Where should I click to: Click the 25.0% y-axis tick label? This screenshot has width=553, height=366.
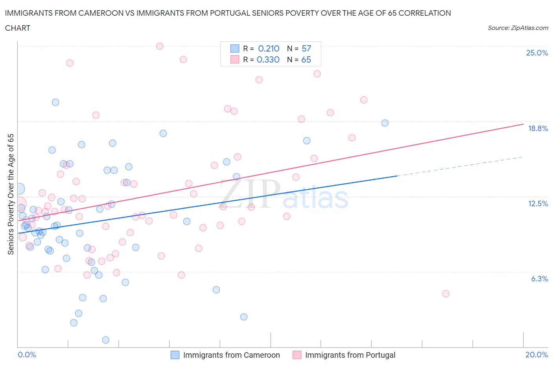pyautogui.click(x=536, y=53)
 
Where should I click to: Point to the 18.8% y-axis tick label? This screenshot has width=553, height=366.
pyautogui.click(x=538, y=128)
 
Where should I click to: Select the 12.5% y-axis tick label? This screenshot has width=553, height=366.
pyautogui.click(x=538, y=203)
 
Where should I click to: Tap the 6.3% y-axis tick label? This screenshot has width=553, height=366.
pyautogui.click(x=539, y=279)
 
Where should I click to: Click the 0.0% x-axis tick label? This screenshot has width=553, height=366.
pyautogui.click(x=27, y=355)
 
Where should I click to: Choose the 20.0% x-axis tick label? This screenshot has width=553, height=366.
pyautogui.click(x=536, y=355)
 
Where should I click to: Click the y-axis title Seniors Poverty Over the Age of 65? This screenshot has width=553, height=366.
pyautogui.click(x=11, y=194)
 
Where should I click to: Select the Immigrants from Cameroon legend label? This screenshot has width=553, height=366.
pyautogui.click(x=231, y=355)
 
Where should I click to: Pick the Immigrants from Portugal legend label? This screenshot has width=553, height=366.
pyautogui.click(x=350, y=355)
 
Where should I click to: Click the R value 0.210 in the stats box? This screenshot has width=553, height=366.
pyautogui.click(x=269, y=48)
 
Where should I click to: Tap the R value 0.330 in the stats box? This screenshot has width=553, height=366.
pyautogui.click(x=268, y=59)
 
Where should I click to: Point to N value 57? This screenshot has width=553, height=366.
pyautogui.click(x=306, y=48)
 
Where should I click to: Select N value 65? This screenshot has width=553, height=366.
pyautogui.click(x=306, y=59)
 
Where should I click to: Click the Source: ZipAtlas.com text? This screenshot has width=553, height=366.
pyautogui.click(x=518, y=28)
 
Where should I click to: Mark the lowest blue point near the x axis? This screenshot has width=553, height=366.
pyautogui.click(x=105, y=340)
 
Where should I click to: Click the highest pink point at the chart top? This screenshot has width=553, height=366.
pyautogui.click(x=160, y=46)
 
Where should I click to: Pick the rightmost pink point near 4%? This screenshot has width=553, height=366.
pyautogui.click(x=446, y=294)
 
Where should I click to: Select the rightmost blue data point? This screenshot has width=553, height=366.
pyautogui.click(x=385, y=123)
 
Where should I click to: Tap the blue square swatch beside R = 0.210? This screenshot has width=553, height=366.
pyautogui.click(x=234, y=48)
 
